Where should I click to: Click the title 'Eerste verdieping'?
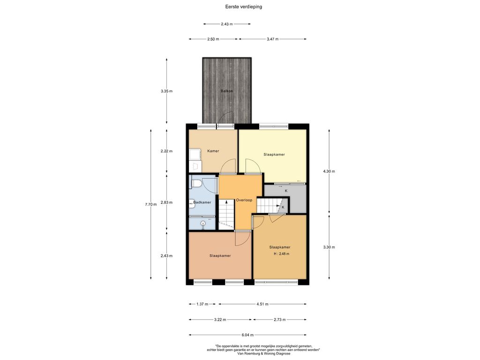243,7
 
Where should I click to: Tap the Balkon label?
227,91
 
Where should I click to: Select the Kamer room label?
213,151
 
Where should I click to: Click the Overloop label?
244,200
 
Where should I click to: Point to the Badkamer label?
202,202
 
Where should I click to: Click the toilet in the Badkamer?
196,184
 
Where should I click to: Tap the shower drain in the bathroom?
203,223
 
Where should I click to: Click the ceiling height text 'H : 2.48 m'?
282,254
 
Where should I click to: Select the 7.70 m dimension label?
150,204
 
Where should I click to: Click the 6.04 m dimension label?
247,335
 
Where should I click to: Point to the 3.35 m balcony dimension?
166,91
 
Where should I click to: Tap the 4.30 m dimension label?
329,172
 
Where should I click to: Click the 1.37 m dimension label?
202,304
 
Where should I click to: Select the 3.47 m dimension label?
272,39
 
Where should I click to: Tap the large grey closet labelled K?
285,198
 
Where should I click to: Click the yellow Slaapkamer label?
274,155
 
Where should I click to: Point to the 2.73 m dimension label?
280,320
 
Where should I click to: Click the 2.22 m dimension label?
166,151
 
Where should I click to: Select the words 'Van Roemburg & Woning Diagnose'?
263,353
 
